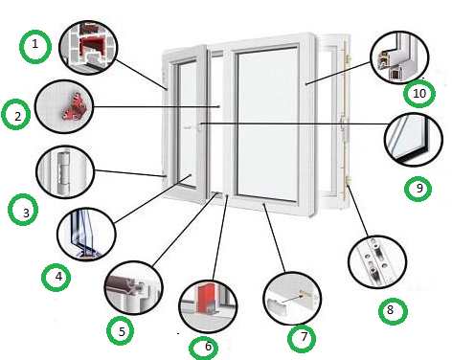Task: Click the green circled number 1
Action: (x=35, y=47)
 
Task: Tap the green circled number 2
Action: (x=16, y=115)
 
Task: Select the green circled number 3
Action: (x=23, y=210)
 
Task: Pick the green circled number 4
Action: (x=56, y=277)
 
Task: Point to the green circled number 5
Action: (x=121, y=330)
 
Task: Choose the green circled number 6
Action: (x=204, y=348)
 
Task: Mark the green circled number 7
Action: (x=302, y=339)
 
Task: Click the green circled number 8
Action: (x=393, y=311)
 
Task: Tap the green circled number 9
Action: (x=418, y=189)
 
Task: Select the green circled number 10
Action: (x=419, y=94)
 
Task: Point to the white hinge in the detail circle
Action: (x=62, y=171)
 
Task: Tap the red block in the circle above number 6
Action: (x=204, y=299)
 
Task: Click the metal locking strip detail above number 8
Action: (x=377, y=262)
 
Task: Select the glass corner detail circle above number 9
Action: (x=414, y=140)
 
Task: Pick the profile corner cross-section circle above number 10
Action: (x=399, y=57)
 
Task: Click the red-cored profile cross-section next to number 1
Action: (x=89, y=47)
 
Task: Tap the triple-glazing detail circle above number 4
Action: (x=86, y=235)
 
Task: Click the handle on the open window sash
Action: (x=200, y=126)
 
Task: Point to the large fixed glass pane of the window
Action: (x=267, y=124)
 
